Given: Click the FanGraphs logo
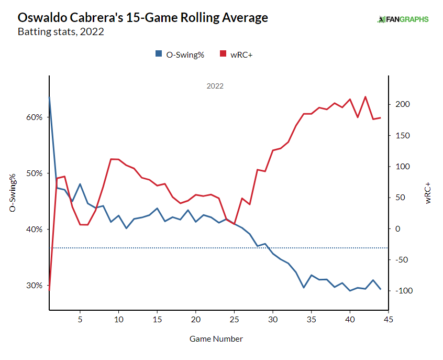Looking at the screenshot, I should pyautogui.click(x=403, y=19).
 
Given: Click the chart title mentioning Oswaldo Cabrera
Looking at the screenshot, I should pyautogui.click(x=143, y=17).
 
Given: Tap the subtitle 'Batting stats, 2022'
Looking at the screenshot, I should pyautogui.click(x=61, y=32).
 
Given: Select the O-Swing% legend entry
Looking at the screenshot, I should pyautogui.click(x=180, y=54).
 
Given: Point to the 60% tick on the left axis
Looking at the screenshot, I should pyautogui.click(x=35, y=117).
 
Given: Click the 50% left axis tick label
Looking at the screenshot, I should pyautogui.click(x=35, y=173).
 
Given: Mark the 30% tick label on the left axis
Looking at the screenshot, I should pyautogui.click(x=35, y=286).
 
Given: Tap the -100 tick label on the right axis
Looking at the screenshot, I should pyautogui.click(x=403, y=291).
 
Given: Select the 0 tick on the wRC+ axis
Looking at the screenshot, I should pyautogui.click(x=397, y=229).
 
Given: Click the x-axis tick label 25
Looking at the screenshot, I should pyautogui.click(x=234, y=319).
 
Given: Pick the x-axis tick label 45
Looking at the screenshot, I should pyautogui.click(x=389, y=319).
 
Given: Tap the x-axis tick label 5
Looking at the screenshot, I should pyautogui.click(x=80, y=319).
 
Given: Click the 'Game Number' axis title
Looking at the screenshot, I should pyautogui.click(x=216, y=339).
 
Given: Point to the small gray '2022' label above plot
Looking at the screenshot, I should pyautogui.click(x=215, y=86).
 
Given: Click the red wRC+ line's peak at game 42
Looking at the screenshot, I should pyautogui.click(x=365, y=97).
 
